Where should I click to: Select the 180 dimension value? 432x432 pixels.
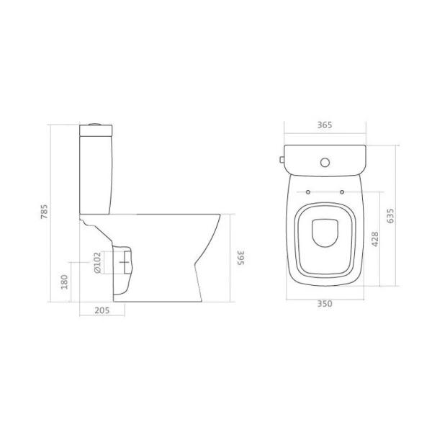click(63, 280)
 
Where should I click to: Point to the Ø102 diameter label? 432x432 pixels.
click(97, 264)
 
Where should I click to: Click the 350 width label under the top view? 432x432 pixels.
click(324, 305)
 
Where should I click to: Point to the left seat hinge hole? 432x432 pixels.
click(307, 192)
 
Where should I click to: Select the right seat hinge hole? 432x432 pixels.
click(341, 192)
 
